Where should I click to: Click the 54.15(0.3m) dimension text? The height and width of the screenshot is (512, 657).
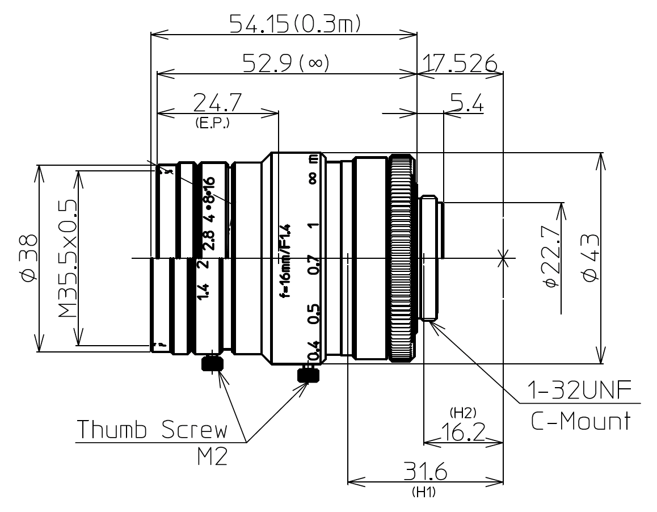pos(295,24)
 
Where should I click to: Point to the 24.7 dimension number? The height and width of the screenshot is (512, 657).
pos(217,103)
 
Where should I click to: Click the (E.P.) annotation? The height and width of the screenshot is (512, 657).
pos(212,123)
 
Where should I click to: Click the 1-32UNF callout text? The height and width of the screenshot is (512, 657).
pos(578,392)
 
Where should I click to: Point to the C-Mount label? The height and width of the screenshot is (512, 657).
pos(580,421)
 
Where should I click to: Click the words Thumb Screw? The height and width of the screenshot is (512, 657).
pos(151,430)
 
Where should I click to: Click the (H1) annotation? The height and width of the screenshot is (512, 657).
pos(424,493)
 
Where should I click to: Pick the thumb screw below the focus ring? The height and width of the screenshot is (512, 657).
pos(308,375)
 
